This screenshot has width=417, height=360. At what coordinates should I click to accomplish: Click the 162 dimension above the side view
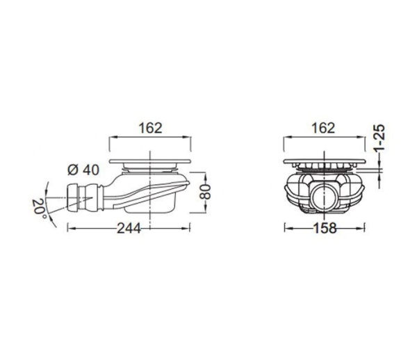(150, 128)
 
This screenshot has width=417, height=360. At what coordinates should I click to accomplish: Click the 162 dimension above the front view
(323, 128)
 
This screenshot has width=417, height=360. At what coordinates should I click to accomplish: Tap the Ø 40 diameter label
(83, 170)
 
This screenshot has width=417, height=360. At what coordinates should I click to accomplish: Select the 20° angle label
(39, 209)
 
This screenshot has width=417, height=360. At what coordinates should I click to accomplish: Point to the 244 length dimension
(129, 228)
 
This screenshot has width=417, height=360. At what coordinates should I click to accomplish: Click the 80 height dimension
(205, 192)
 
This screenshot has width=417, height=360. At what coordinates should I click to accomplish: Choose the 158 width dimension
(325, 228)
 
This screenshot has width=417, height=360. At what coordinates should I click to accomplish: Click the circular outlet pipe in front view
(324, 198)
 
